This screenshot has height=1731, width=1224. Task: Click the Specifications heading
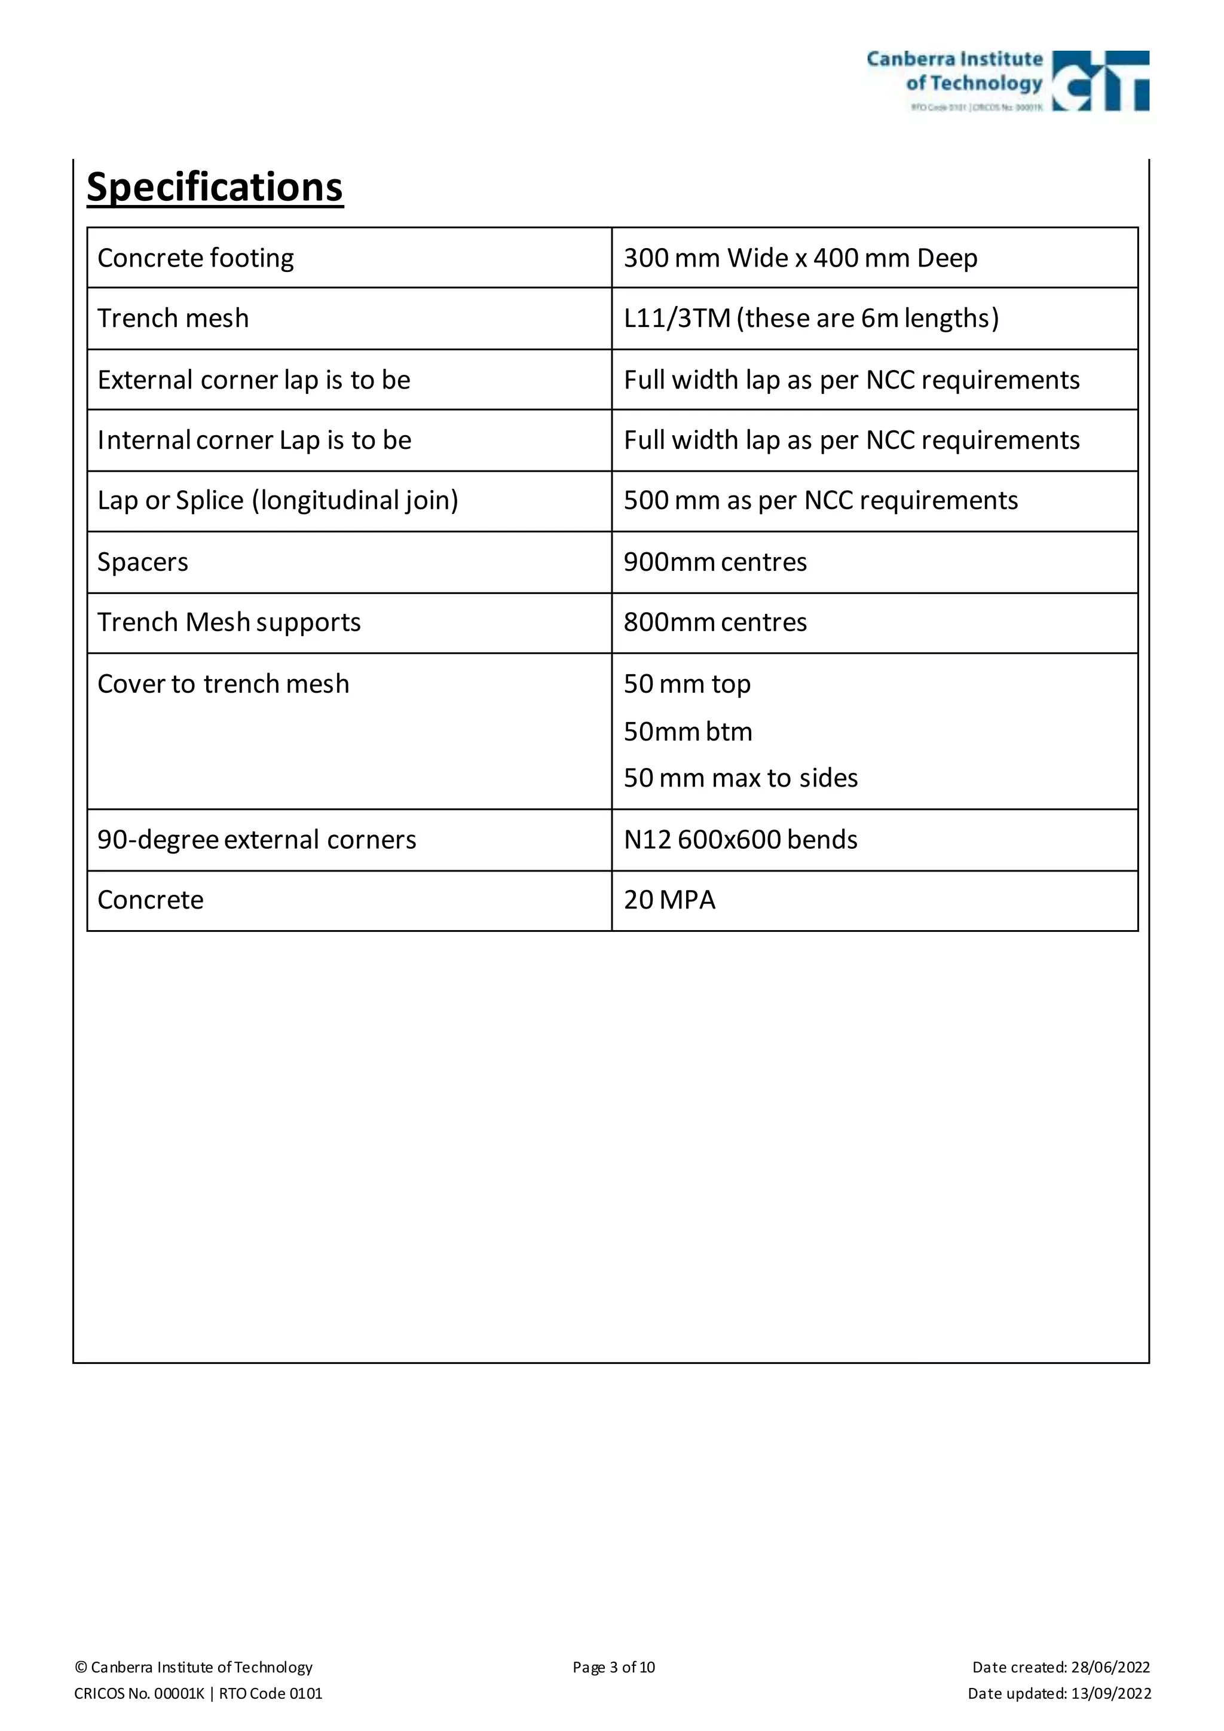coord(215,187)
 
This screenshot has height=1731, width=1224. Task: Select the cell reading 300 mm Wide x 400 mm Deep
coord(800,258)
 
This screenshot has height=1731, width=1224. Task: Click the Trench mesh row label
coord(173,318)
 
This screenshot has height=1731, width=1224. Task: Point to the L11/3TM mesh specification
coord(811,318)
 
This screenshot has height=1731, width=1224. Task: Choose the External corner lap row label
coord(253,380)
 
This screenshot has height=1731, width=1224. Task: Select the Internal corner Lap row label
coord(254,441)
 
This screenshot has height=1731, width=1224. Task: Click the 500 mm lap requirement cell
coord(820,501)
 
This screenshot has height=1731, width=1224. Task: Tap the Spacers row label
coord(142,562)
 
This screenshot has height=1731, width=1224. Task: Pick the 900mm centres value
coord(715,562)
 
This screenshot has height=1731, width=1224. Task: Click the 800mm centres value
coord(715,623)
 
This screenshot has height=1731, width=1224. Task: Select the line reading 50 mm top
coord(687,684)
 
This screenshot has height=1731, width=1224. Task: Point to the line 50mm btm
coord(687,731)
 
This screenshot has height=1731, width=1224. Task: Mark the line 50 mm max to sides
coord(740,778)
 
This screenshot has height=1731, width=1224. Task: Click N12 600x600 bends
coord(740,840)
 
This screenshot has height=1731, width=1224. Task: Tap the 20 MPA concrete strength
coord(669,900)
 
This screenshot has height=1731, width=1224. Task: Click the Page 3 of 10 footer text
coord(614,1667)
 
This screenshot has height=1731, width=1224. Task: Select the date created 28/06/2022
coord(1060,1667)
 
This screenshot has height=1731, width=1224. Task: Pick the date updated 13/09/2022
coord(1059,1693)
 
